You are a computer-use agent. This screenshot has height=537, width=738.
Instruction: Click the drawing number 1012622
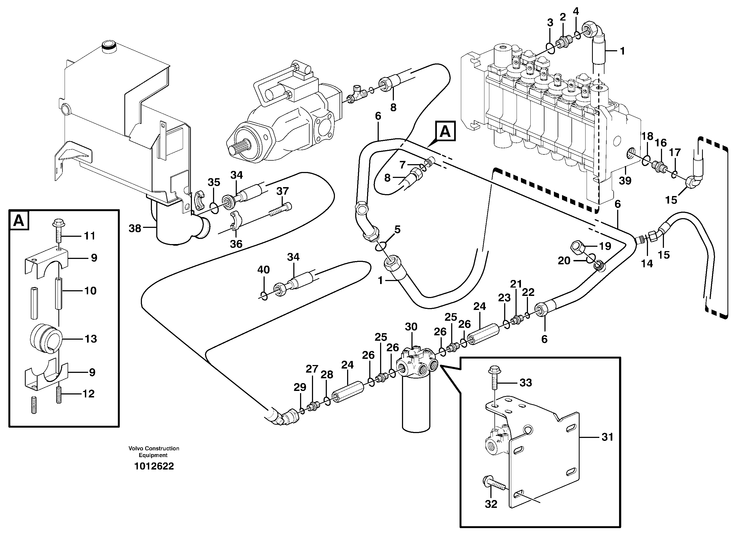pos(154,466)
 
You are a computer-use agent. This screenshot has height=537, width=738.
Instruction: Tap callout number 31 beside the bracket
pos(607,437)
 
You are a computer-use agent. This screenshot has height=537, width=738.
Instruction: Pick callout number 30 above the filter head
pos(411,327)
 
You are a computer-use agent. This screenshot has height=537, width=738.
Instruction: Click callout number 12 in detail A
pos(88,394)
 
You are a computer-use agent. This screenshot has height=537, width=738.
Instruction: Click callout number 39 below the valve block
pos(625,180)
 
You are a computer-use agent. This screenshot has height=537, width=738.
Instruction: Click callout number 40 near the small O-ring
pos(263,269)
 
